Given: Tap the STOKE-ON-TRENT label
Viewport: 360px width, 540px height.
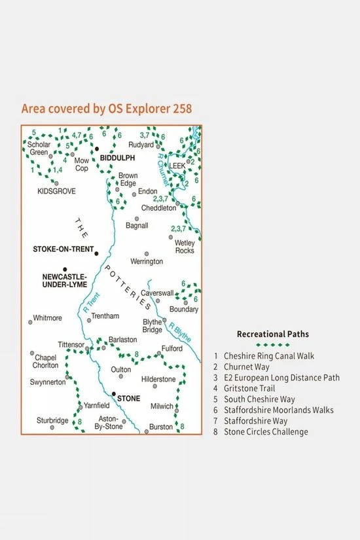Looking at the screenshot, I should (x=62, y=249).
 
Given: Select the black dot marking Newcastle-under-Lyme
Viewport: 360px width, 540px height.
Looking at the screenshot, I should (x=65, y=269).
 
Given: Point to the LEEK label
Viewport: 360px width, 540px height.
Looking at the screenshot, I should (x=177, y=166).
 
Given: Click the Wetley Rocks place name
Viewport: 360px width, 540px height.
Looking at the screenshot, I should (x=185, y=246).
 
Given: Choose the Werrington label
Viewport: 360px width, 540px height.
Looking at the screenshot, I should (x=147, y=261).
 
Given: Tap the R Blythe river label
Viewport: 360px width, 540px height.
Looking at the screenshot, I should (x=179, y=333).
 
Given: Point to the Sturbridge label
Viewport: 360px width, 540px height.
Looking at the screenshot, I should (x=52, y=421).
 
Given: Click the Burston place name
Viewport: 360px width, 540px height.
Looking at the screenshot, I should (x=161, y=427).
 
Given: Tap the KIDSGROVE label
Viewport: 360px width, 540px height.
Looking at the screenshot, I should (x=57, y=191).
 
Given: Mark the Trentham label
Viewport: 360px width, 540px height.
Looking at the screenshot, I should (x=106, y=316).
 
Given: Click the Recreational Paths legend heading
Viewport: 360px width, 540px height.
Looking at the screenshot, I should (x=273, y=334).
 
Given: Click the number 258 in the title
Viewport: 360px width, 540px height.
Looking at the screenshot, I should (x=179, y=109).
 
